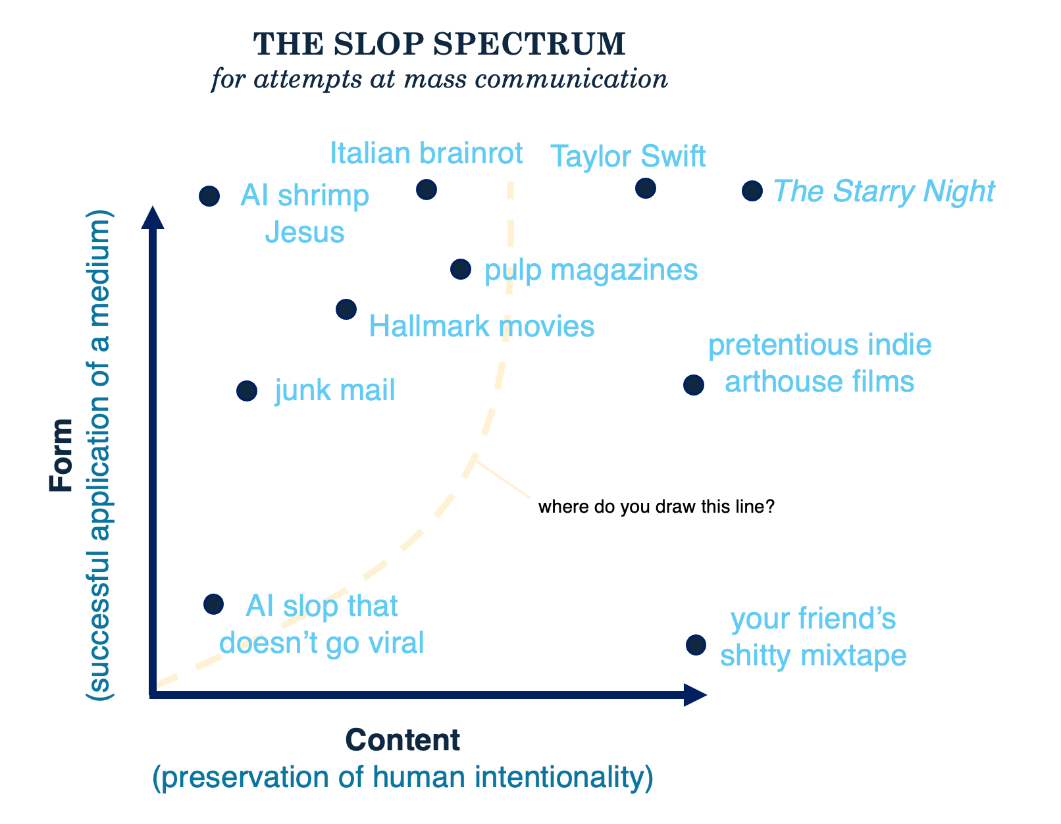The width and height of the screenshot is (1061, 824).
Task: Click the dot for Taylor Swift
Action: point(645,188)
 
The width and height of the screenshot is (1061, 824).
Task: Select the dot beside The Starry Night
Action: point(752,191)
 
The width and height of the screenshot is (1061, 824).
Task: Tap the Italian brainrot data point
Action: point(427,190)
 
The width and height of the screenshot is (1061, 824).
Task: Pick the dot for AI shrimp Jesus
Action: point(209,195)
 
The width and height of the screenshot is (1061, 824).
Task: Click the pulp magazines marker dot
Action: point(461,269)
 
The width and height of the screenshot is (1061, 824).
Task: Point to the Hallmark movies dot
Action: point(346,309)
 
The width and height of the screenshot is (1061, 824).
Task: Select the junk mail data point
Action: point(247,391)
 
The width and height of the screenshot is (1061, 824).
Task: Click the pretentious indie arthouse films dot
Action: point(693,385)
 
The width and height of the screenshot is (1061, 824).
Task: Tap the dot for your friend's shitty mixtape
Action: point(696,645)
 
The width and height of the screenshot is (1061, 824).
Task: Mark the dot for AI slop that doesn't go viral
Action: point(213,604)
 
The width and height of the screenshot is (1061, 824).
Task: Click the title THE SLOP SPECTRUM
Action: point(439,45)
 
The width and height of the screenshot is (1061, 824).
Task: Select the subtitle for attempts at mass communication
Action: point(439,80)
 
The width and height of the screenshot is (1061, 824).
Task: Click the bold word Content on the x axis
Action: point(402,740)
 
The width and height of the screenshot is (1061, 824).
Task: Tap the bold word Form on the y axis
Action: point(61,454)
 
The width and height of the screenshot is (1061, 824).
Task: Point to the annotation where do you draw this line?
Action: point(656,507)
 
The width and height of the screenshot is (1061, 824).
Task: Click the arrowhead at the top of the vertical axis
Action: point(153,217)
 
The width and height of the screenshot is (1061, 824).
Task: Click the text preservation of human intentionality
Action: point(402,777)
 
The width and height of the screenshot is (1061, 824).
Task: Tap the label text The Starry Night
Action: point(883,192)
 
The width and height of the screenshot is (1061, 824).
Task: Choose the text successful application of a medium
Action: point(100,454)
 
